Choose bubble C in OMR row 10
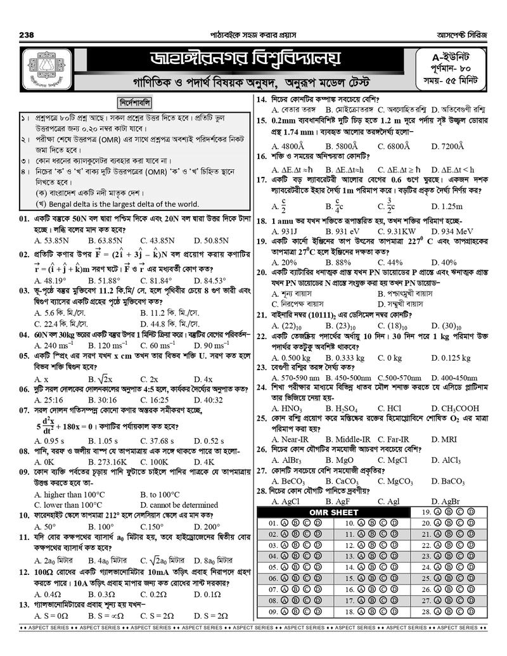pos(380,525)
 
